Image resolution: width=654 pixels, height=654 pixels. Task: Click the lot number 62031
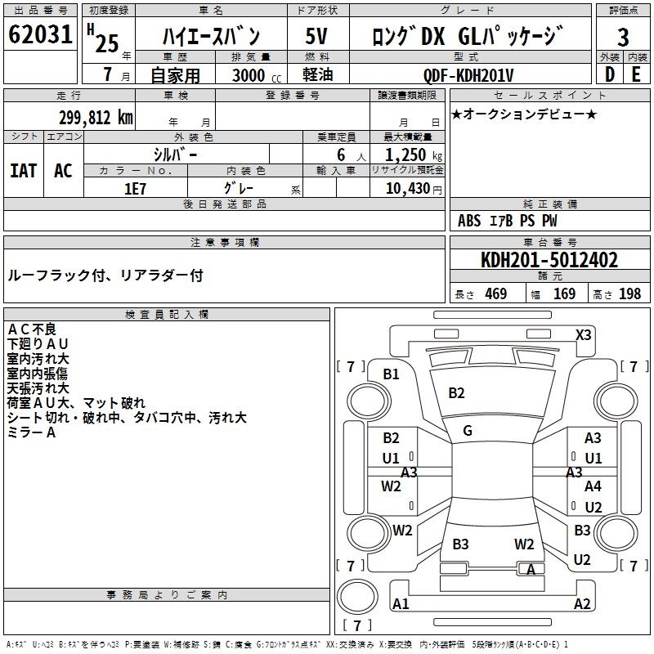40,34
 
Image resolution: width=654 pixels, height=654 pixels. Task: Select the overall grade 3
623,38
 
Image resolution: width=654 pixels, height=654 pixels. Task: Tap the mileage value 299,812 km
96,118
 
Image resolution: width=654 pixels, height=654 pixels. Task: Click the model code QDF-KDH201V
468,75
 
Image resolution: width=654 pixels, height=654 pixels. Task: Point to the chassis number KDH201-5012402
549,260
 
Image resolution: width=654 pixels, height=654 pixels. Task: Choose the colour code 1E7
135,189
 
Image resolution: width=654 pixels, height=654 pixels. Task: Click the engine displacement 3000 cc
257,75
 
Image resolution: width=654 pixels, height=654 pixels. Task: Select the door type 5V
316,36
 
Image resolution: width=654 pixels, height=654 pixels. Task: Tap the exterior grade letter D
610,74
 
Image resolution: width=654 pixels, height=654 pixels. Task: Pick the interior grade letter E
636,74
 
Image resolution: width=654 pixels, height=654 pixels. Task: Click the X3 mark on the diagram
583,335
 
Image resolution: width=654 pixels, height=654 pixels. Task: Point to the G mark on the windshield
468,431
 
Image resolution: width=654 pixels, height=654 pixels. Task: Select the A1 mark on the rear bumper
401,603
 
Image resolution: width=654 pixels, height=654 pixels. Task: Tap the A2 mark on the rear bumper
582,603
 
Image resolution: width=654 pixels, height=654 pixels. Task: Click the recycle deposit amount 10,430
408,189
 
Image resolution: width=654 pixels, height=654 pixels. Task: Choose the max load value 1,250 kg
414,155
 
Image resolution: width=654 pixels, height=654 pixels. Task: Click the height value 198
629,294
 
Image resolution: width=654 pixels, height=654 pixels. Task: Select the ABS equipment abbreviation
469,221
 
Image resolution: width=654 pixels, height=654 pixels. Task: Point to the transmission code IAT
23,171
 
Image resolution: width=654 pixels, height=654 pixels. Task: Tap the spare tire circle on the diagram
357,597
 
